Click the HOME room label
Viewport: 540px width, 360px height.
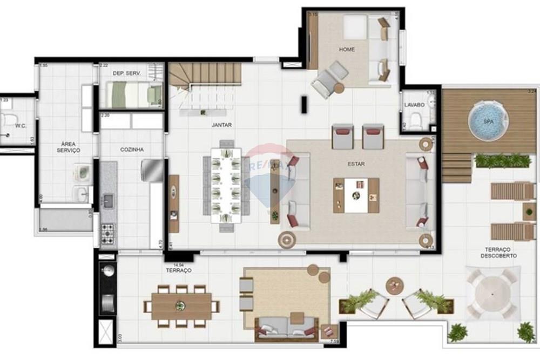tap(347, 50)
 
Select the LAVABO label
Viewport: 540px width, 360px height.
tap(414, 105)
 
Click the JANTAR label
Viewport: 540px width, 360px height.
tap(221, 125)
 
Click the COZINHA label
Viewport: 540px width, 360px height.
tap(132, 150)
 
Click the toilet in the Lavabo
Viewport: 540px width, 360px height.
tap(416, 121)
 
